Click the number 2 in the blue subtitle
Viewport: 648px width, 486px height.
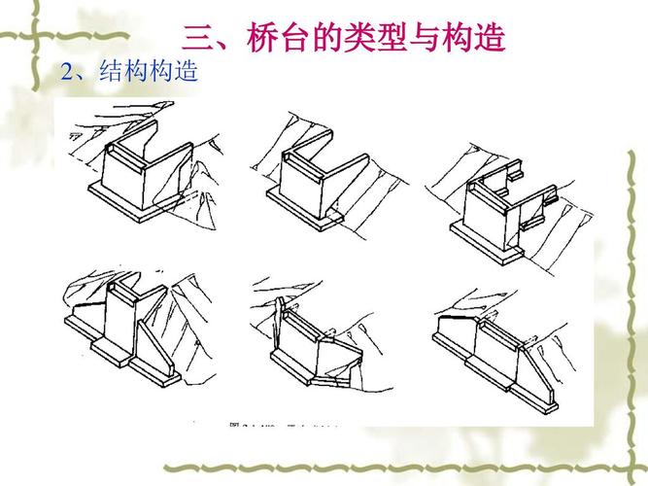pos(66,73)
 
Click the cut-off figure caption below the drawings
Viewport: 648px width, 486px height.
pos(282,424)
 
